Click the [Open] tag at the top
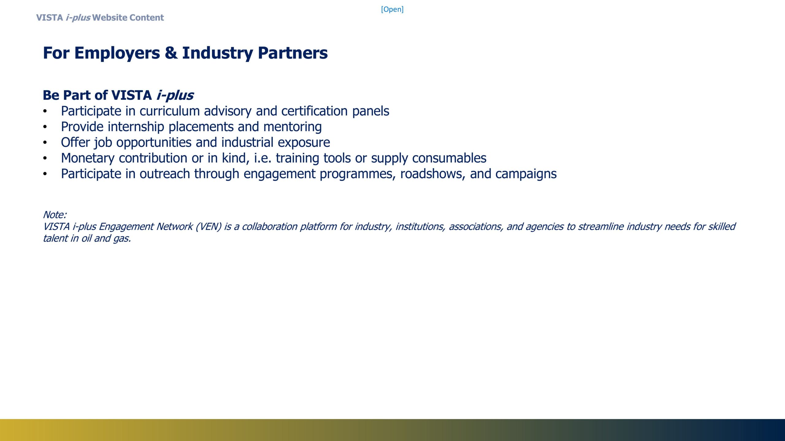coord(392,9)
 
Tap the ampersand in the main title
coord(171,53)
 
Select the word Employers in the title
coord(117,53)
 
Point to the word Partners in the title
coord(293,53)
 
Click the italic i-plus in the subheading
coord(175,95)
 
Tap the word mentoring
coord(293,127)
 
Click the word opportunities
coord(154,142)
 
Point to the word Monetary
coord(88,158)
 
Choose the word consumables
coord(449,158)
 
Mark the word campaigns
coord(526,174)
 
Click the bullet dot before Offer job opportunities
coord(45,143)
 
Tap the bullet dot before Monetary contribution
coord(45,158)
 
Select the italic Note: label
coord(55,214)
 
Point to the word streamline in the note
coord(601,226)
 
